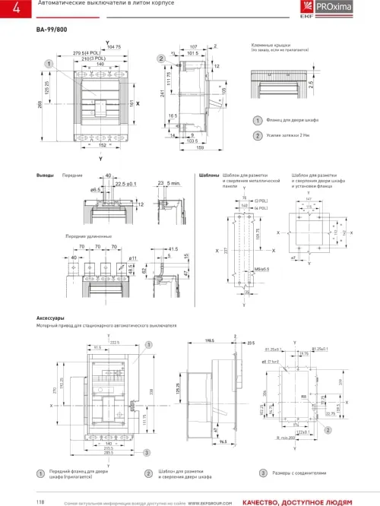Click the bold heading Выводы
46,175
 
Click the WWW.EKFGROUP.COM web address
210,501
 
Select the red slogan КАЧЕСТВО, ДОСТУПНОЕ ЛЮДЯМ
297,501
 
